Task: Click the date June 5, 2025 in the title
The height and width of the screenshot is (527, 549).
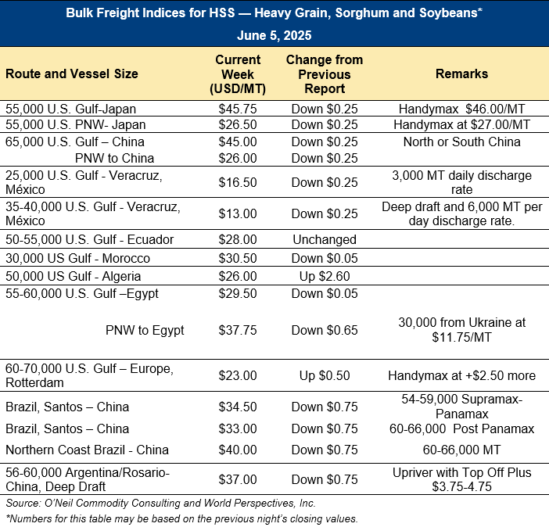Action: pos(274,35)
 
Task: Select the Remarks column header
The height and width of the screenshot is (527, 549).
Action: pos(462,73)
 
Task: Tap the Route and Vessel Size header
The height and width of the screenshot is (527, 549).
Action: pos(72,73)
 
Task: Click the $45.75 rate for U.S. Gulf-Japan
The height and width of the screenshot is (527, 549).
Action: pos(238,109)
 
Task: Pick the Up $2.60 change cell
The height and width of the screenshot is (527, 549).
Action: pos(325,276)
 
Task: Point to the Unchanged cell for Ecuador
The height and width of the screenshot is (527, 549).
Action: pos(325,239)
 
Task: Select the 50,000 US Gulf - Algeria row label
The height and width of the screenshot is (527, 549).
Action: pos(74,276)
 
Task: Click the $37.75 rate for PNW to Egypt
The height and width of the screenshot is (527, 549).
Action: pos(238,330)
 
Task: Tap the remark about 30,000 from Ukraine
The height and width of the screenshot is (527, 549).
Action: pos(462,330)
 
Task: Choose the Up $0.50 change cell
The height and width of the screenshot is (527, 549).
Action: pos(325,376)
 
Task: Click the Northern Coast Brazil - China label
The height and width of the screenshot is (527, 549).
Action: pos(87,450)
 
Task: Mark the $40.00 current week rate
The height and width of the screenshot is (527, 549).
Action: pos(238,450)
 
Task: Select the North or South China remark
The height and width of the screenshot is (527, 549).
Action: pos(462,142)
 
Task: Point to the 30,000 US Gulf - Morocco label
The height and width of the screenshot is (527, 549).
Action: pos(77,258)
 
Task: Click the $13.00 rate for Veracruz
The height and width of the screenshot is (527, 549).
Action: pos(238,213)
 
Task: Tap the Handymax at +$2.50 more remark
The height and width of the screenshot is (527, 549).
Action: pos(462,376)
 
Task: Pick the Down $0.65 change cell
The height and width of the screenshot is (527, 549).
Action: pos(325,330)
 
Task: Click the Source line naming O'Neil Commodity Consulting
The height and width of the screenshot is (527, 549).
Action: pos(160,504)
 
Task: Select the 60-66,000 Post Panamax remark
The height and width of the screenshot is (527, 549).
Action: pos(462,429)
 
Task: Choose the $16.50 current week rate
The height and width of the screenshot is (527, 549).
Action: pos(238,182)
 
